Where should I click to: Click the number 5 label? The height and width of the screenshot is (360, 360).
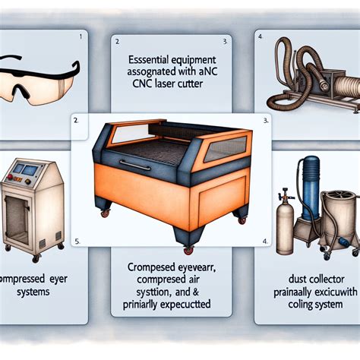click(x=77, y=241)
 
